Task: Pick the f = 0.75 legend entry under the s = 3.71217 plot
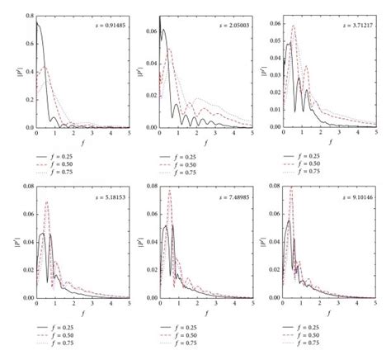(318, 171)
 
